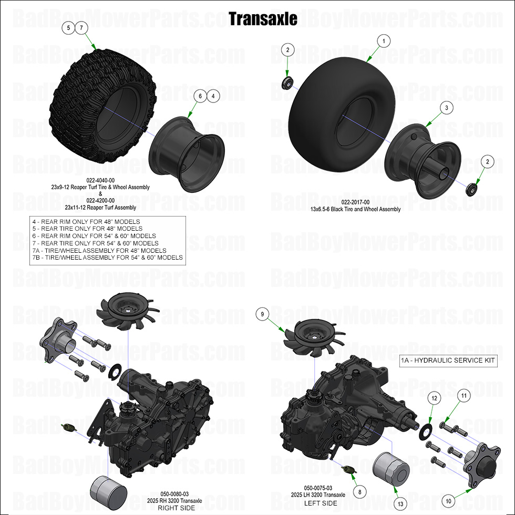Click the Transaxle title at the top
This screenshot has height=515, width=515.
click(263, 19)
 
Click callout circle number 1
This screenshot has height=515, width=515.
click(384, 40)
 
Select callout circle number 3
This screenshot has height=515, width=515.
click(446, 108)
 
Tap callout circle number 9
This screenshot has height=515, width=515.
click(262, 314)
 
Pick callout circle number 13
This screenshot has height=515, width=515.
click(401, 503)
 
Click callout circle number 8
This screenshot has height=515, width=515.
click(359, 492)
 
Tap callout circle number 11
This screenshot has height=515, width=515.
click(463, 395)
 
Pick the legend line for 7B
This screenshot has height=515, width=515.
click(107, 257)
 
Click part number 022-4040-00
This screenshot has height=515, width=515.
click(100, 180)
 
